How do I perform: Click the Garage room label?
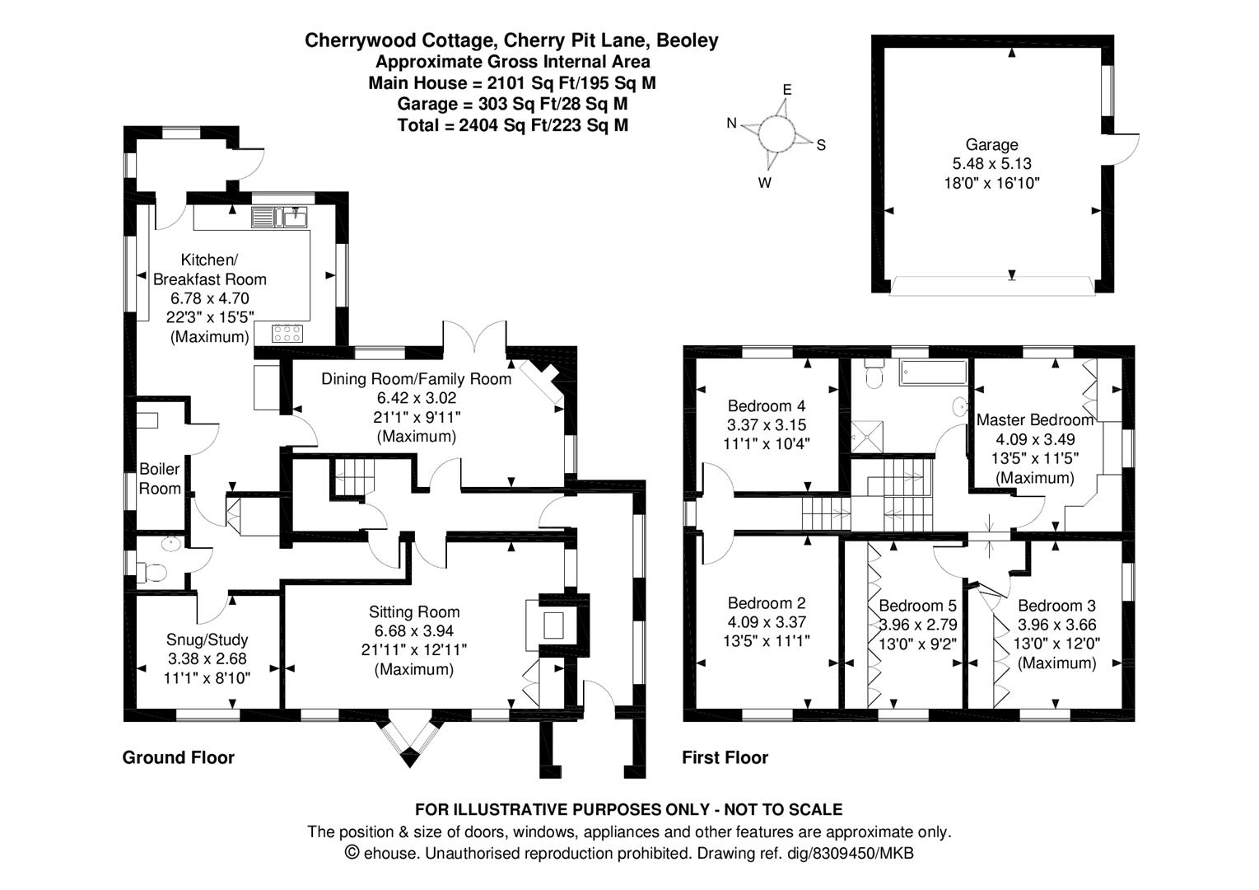[x=991, y=144]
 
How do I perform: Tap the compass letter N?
[x=731, y=124]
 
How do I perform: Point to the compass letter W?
[x=764, y=183]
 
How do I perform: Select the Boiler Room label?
[x=160, y=479]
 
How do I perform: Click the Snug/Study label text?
[x=207, y=639]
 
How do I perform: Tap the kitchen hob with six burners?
[x=287, y=333]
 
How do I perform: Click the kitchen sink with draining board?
[x=279, y=218]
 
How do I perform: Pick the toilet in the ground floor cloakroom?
[x=152, y=573]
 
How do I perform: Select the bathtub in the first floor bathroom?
[x=933, y=372]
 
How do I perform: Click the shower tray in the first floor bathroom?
[x=867, y=437]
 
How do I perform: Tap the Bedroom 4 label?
[x=766, y=405]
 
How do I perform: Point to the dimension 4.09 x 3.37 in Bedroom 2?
[x=767, y=621]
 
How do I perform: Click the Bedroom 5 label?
[x=917, y=606]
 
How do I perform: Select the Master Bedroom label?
[x=1035, y=419]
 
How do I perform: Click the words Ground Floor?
[x=178, y=758]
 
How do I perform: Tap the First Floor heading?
[x=725, y=758]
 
